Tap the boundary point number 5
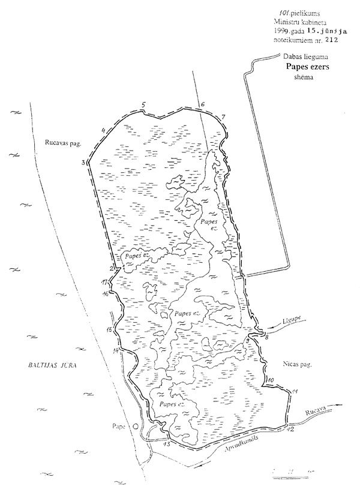pos(143,106)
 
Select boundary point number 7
pos(223,116)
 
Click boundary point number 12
pos(291,429)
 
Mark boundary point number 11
pos(294,392)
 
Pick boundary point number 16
pos(106,293)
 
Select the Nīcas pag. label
pos(293,364)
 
